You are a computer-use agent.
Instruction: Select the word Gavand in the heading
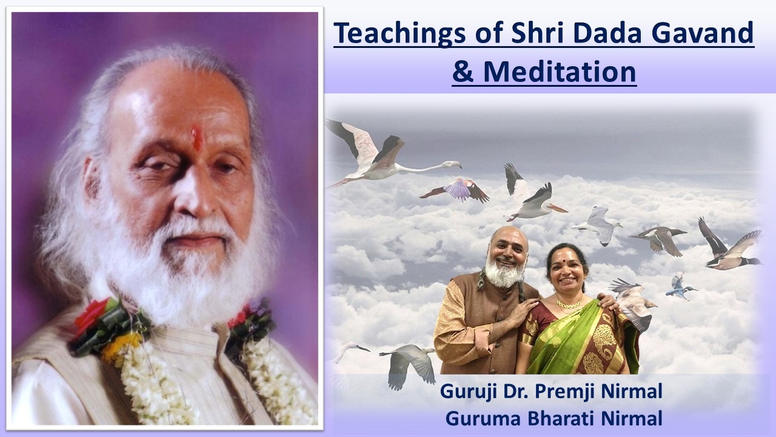point(702,33)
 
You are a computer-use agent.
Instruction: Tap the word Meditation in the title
point(560,72)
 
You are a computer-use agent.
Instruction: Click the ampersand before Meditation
point(463,72)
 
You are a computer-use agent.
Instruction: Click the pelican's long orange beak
point(557,208)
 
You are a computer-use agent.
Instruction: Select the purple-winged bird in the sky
point(457,191)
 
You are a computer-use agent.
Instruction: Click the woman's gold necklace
point(569,304)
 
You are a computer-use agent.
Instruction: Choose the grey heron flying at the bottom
point(409,364)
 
